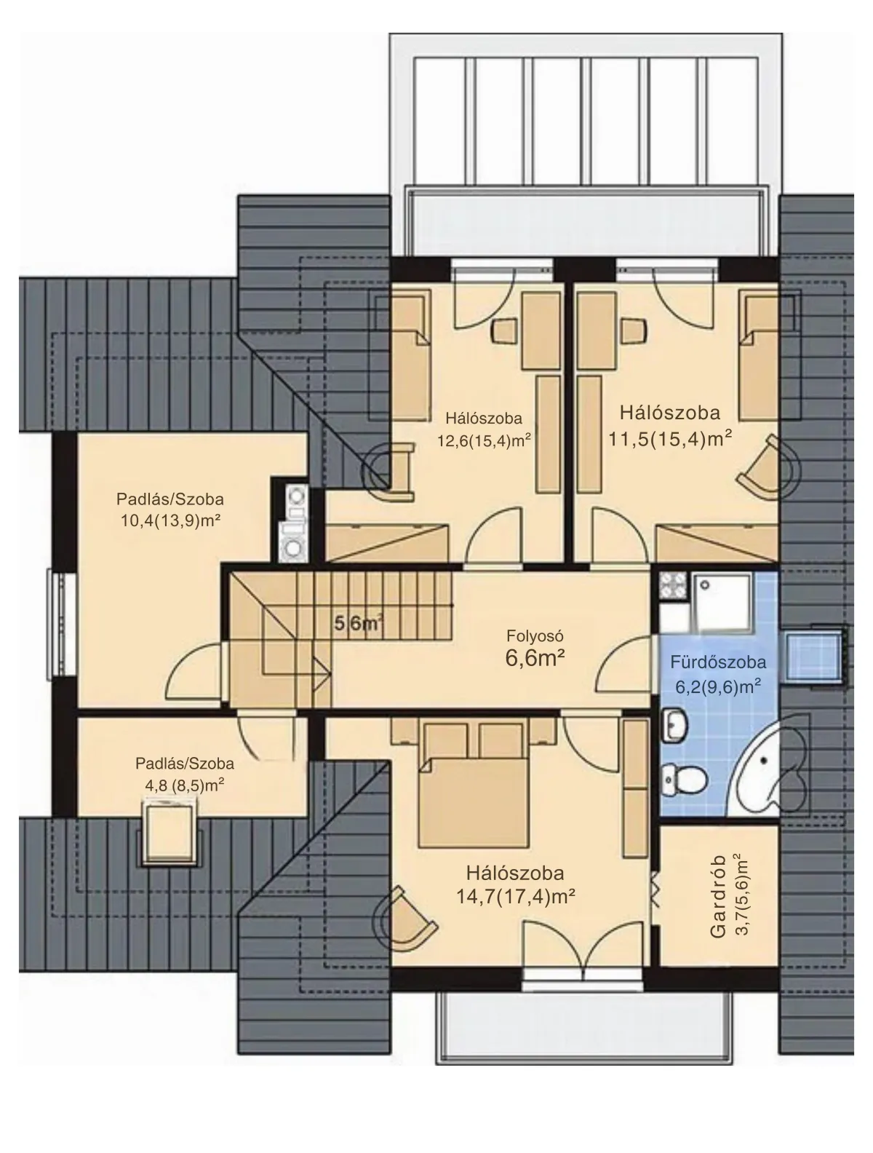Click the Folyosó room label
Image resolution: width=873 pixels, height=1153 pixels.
(535, 636)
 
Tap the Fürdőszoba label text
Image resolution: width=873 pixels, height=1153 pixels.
(717, 662)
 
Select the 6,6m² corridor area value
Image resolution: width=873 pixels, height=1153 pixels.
(535, 657)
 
